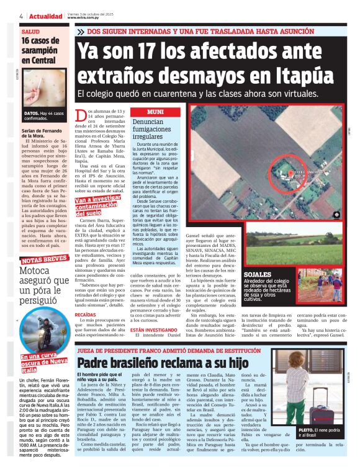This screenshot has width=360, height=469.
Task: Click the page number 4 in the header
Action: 22,16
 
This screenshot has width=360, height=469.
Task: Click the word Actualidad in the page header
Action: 45,16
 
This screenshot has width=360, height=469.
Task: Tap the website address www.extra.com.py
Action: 84,17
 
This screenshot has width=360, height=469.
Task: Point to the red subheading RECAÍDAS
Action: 86,315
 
